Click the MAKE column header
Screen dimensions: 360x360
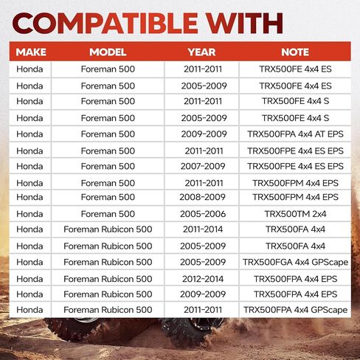pyautogui.click(x=31, y=52)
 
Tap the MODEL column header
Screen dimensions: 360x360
pyautogui.click(x=108, y=52)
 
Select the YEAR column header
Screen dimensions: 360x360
pyautogui.click(x=201, y=52)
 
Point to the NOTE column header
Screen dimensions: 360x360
pyautogui.click(x=295, y=52)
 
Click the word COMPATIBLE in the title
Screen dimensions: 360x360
pyautogui.click(x=105, y=23)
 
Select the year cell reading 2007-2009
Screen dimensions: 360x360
pyautogui.click(x=203, y=166)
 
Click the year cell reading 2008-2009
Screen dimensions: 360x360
pyautogui.click(x=202, y=197)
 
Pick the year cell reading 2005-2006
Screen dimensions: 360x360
pyautogui.click(x=203, y=214)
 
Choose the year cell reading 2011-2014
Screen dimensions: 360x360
pyautogui.click(x=203, y=229)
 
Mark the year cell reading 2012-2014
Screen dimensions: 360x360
pyautogui.click(x=203, y=279)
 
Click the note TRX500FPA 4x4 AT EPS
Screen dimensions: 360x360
pyautogui.click(x=295, y=134)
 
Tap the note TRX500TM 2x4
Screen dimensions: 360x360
pyautogui.click(x=295, y=214)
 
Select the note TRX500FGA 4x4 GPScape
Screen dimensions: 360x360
pyautogui.click(x=295, y=262)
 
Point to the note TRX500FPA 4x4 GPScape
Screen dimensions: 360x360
pyautogui.click(x=295, y=310)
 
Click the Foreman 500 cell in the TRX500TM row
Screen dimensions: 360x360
pyautogui.click(x=108, y=214)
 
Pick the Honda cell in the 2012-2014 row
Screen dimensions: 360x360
pyautogui.click(x=30, y=279)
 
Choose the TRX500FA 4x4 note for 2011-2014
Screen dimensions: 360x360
pyautogui.click(x=295, y=229)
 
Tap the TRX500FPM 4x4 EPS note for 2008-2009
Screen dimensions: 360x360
pyautogui.click(x=295, y=197)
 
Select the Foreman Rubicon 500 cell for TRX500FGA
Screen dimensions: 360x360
pyautogui.click(x=108, y=262)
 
